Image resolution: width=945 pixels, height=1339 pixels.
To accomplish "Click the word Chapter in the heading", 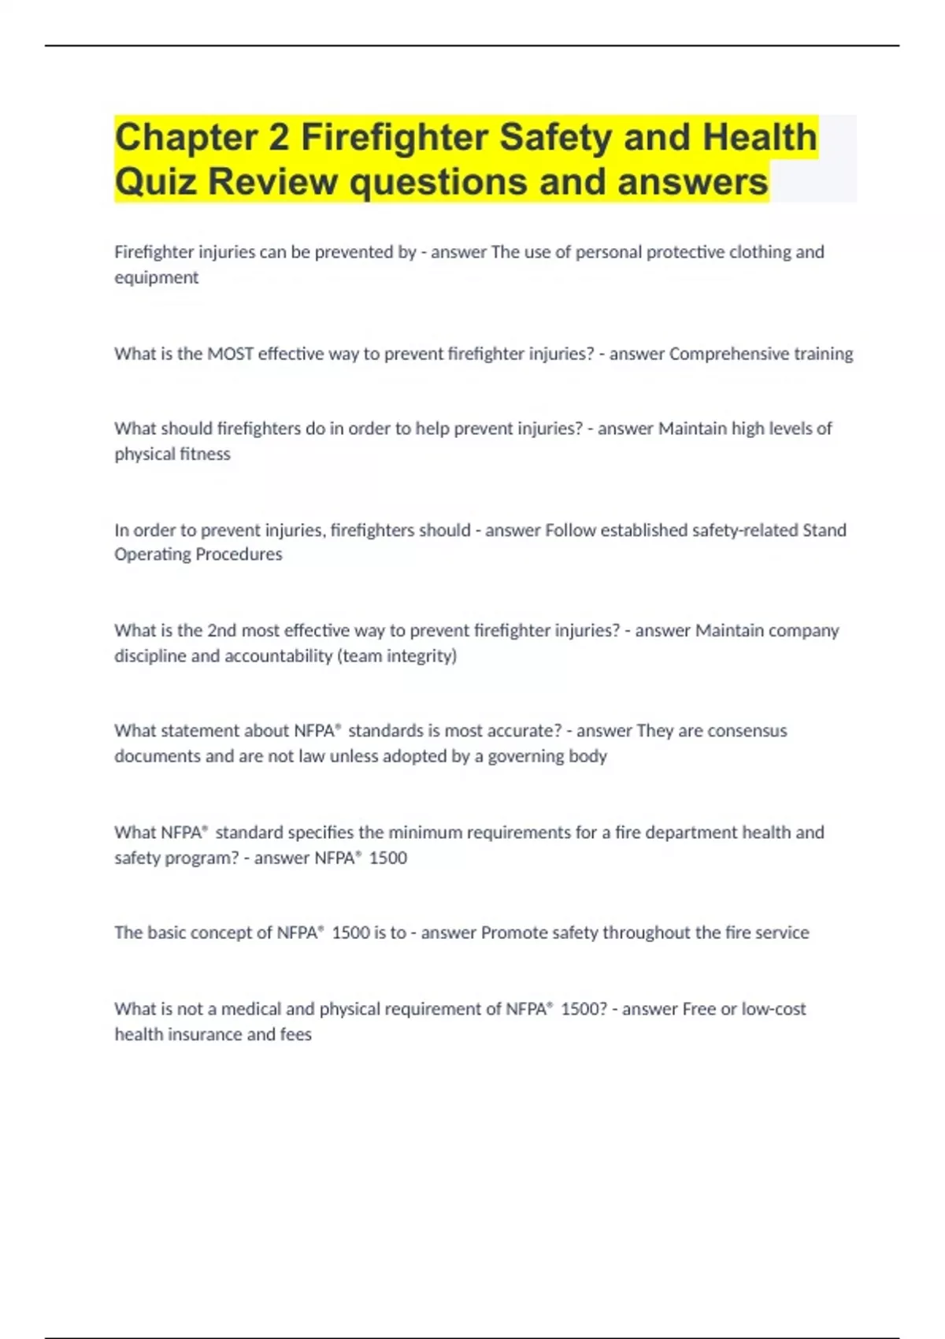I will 186,137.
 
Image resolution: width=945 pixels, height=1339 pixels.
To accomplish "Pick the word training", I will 823,354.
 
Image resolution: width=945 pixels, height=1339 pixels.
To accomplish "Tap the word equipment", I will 156,277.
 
